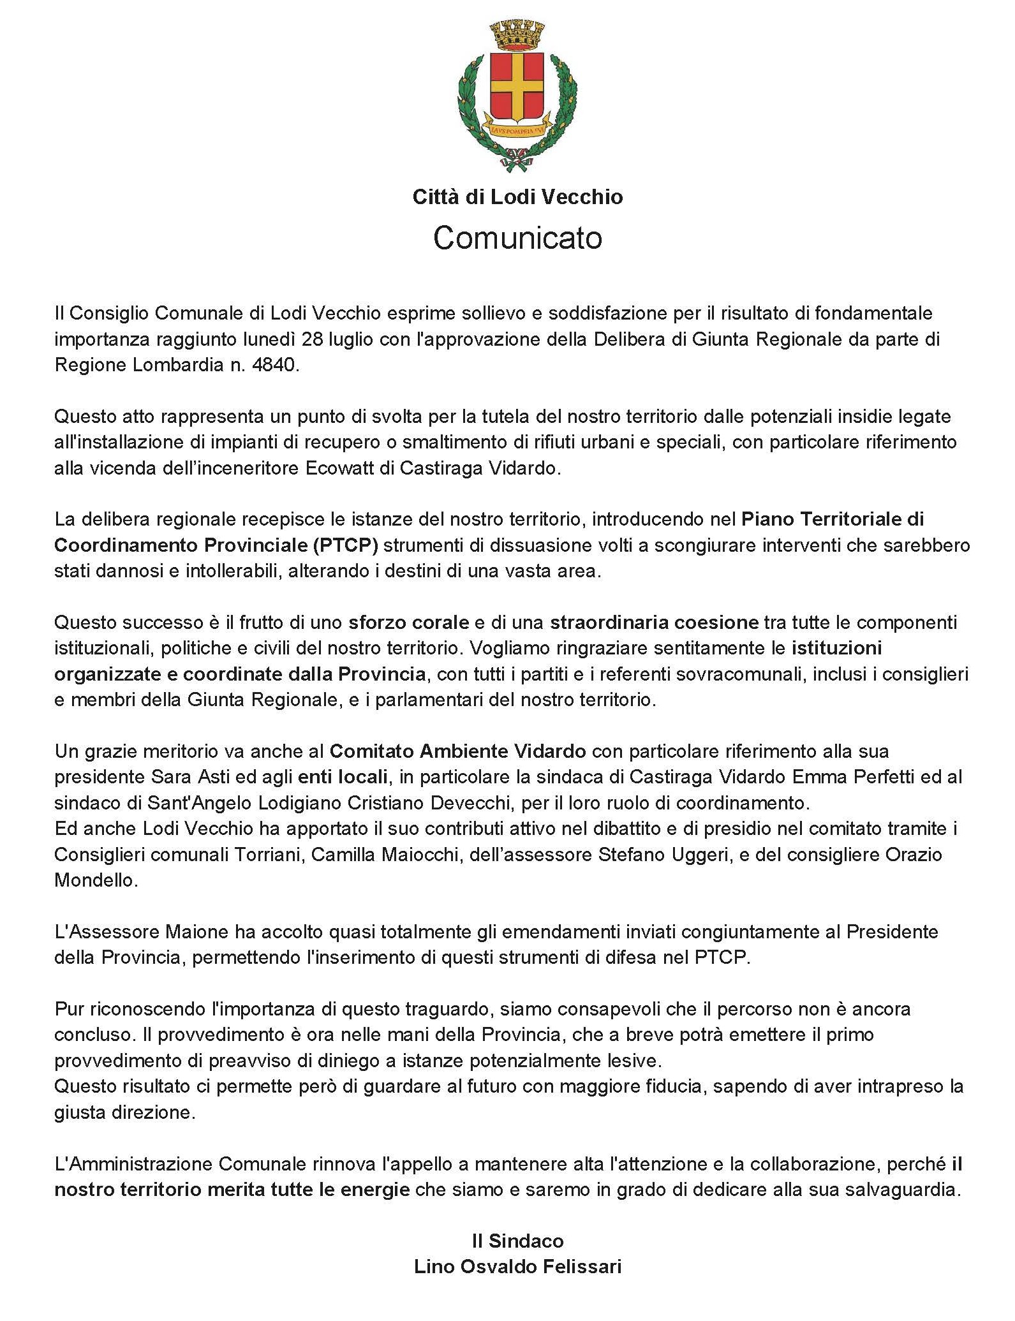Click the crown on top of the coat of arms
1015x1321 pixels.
click(517, 36)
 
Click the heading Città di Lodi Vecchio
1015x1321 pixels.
click(517, 196)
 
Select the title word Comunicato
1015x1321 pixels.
click(517, 238)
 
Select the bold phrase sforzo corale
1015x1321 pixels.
click(408, 622)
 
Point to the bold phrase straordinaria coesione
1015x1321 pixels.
click(655, 622)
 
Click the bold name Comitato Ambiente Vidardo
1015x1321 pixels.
click(457, 751)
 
